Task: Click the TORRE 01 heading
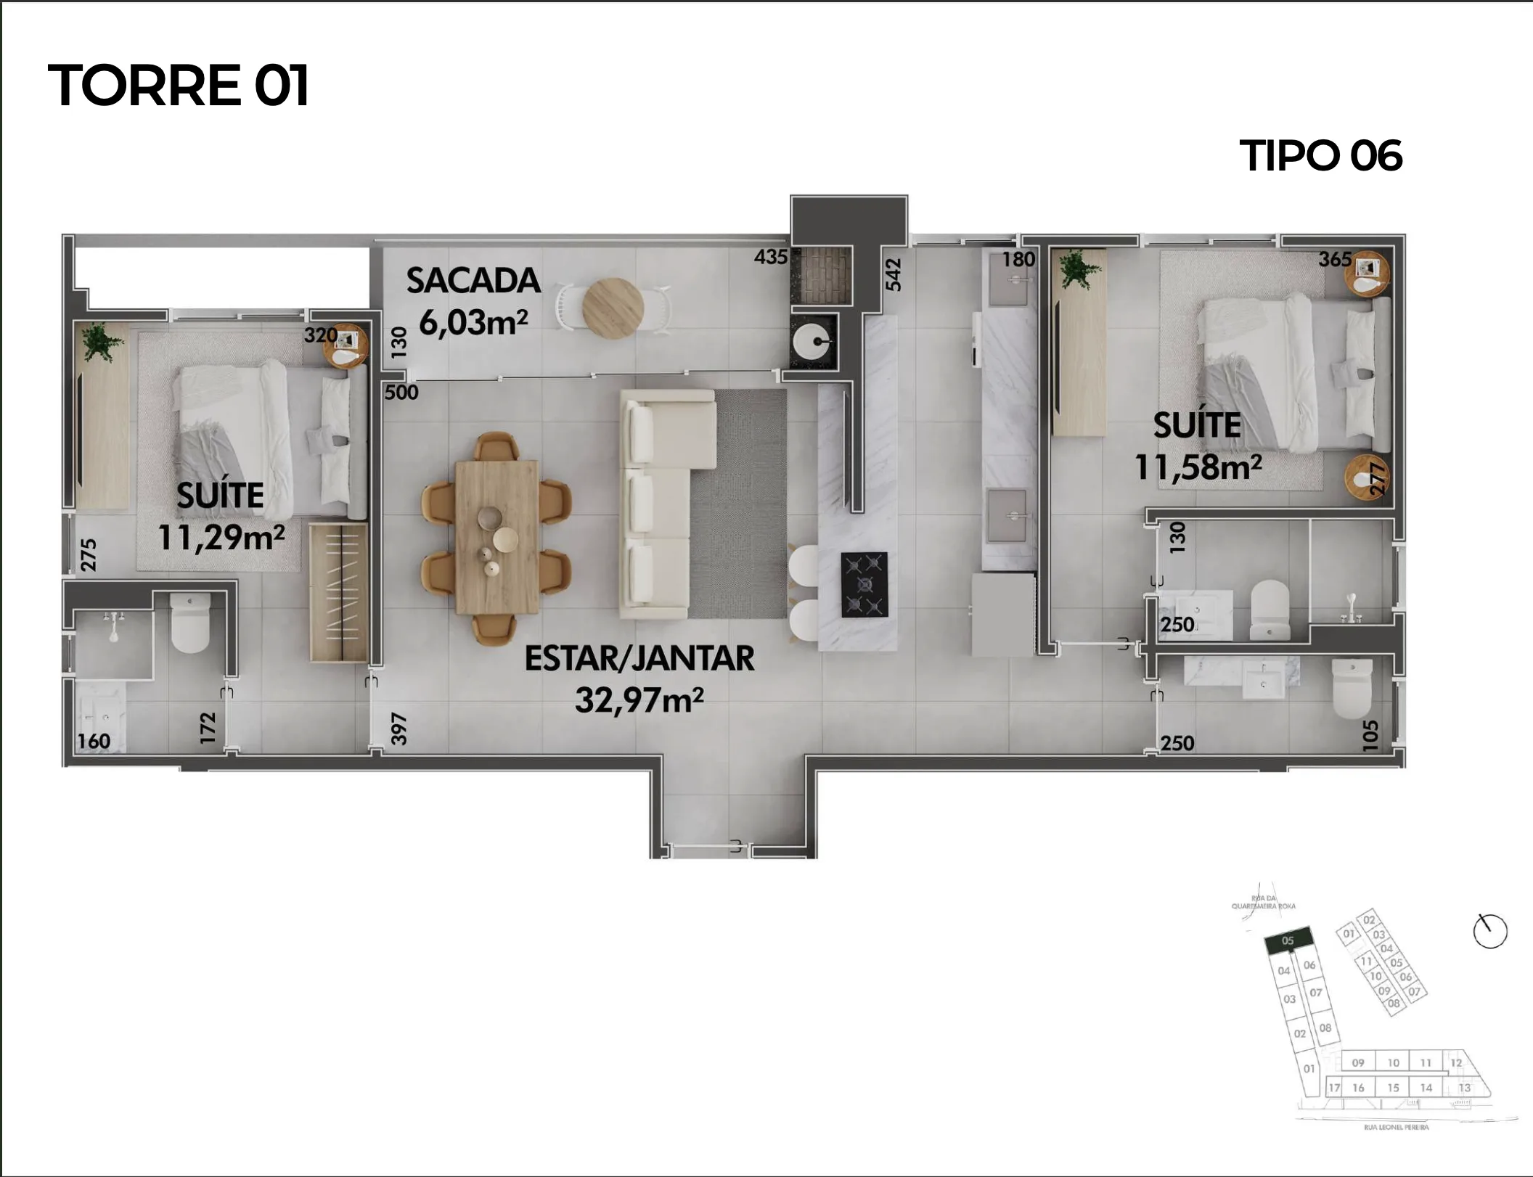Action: pos(179,86)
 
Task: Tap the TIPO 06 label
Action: pos(1320,156)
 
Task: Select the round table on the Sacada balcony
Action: pos(613,308)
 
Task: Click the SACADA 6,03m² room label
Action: pos(473,301)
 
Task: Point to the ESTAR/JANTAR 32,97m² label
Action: pos(639,679)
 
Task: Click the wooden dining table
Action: pos(497,538)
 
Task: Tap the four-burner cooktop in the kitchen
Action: pos(864,585)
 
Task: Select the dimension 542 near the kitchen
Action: pos(894,275)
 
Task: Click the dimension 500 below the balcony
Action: pos(401,393)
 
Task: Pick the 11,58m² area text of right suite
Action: pos(1198,467)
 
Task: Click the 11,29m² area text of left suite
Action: pos(221,538)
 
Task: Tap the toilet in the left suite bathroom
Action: pos(191,623)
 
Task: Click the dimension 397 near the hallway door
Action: pos(398,729)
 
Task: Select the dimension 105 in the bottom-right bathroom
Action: pos(1370,735)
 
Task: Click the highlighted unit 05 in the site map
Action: pos(1288,941)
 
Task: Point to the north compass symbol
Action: pos(1489,931)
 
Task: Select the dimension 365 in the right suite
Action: pos(1335,260)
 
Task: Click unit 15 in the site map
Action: pos(1393,1088)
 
